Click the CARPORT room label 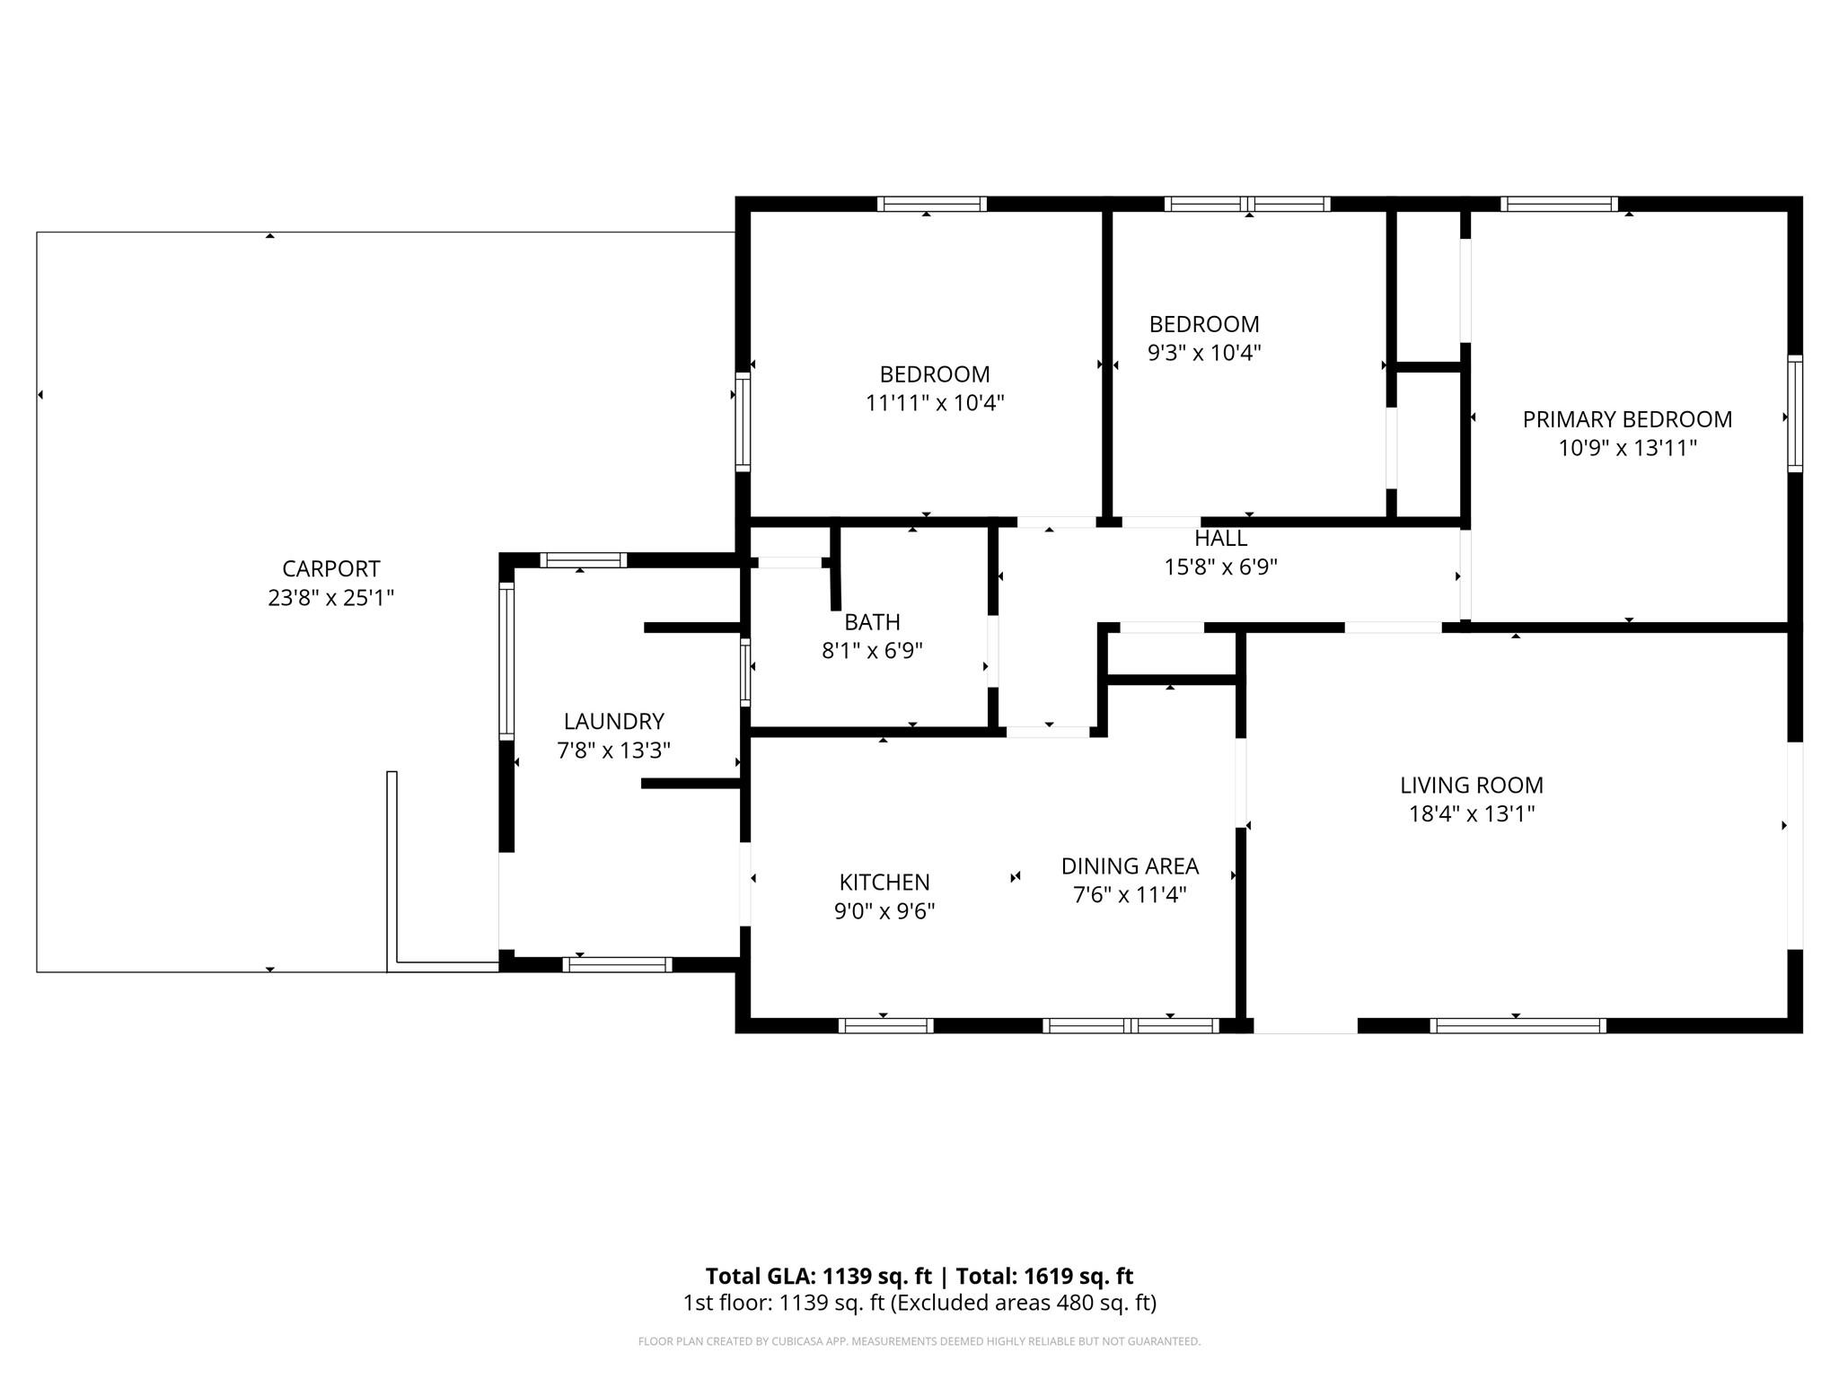[330, 569]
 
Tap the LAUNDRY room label [614, 722]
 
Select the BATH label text [872, 622]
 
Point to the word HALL [1220, 539]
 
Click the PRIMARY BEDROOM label [1627, 419]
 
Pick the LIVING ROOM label [1472, 786]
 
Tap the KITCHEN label [884, 883]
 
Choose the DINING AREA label [1130, 866]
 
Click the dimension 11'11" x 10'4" [935, 403]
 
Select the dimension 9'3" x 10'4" [1204, 353]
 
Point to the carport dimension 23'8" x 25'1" [330, 598]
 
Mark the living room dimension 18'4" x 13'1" [1472, 814]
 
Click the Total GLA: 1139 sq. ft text [818, 1277]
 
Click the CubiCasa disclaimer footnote [919, 1341]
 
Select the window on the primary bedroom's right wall [1795, 414]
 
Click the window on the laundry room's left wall [506, 662]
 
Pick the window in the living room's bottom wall [1518, 1025]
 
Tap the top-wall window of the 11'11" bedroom [932, 204]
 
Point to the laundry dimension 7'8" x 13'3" [614, 751]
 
